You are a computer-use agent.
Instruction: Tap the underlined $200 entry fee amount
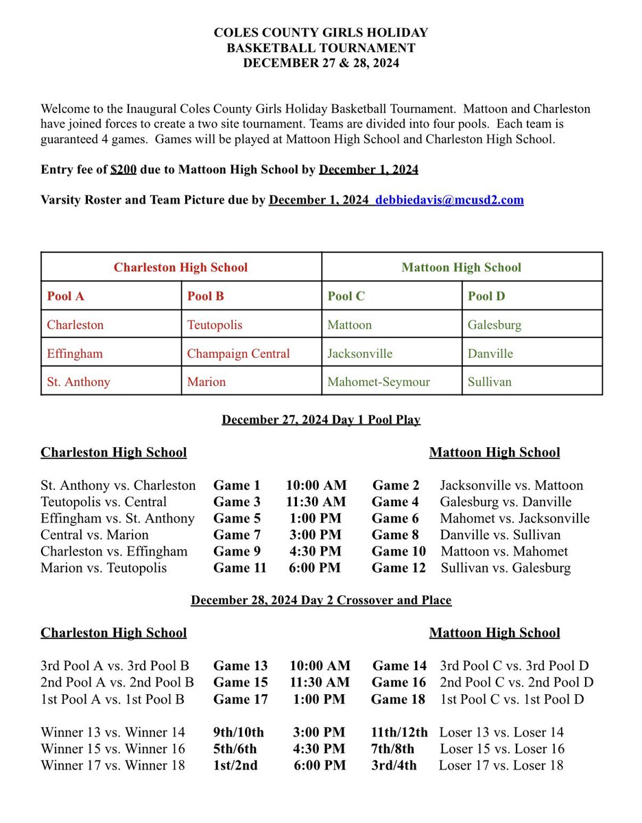pyautogui.click(x=124, y=170)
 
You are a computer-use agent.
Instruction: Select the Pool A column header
pyautogui.click(x=66, y=296)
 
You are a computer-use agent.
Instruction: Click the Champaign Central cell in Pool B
pyautogui.click(x=239, y=354)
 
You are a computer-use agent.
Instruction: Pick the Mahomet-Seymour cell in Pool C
pyautogui.click(x=379, y=382)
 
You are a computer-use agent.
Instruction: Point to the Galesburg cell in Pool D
pyautogui.click(x=495, y=325)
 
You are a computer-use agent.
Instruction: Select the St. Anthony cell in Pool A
pyautogui.click(x=78, y=382)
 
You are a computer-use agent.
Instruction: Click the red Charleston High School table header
pyautogui.click(x=181, y=267)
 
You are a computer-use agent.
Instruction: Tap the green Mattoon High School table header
pyautogui.click(x=462, y=267)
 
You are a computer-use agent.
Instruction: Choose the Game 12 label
pyautogui.click(x=399, y=568)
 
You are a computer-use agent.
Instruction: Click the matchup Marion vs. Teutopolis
pyautogui.click(x=104, y=568)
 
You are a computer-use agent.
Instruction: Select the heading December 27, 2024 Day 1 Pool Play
pyautogui.click(x=321, y=420)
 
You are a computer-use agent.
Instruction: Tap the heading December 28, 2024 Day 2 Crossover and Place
pyautogui.click(x=321, y=600)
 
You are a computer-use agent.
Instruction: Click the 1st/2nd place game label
pyautogui.click(x=236, y=765)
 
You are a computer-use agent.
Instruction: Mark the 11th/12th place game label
pyautogui.click(x=399, y=732)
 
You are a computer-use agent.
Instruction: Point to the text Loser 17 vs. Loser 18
pyautogui.click(x=501, y=765)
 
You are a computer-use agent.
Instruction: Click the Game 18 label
pyautogui.click(x=398, y=700)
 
